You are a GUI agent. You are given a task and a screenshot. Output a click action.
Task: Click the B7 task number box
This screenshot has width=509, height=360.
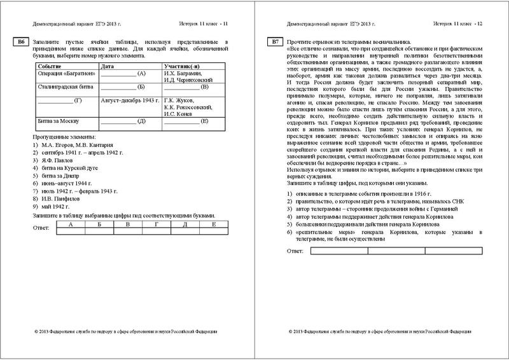point(274,43)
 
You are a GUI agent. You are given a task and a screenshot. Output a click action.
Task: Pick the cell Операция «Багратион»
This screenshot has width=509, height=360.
point(61,73)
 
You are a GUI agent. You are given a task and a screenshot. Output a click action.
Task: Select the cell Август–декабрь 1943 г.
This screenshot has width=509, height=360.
point(130,100)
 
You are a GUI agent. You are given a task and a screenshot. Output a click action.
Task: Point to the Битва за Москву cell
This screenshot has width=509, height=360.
point(57,121)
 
